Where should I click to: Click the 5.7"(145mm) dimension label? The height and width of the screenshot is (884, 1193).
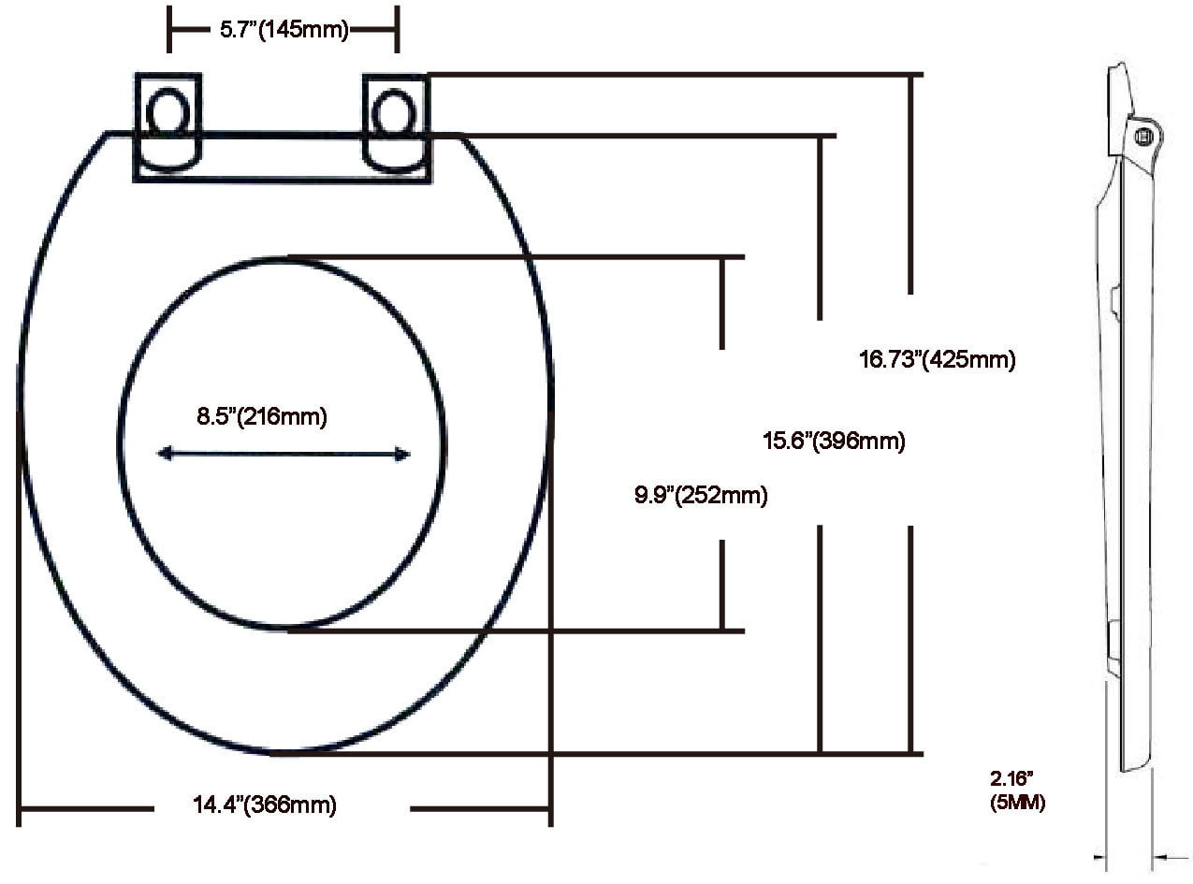[x=284, y=30]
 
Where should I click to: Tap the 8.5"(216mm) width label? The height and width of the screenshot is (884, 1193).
[x=261, y=417]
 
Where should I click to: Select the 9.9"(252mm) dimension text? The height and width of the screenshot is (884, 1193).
[x=700, y=496]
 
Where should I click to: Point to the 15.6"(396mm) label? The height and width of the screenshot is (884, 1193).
[x=833, y=442]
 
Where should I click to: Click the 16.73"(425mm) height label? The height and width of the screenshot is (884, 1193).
[x=936, y=359]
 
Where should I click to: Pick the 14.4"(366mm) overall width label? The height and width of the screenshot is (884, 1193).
[x=264, y=804]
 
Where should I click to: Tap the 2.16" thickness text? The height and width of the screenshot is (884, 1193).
[x=1011, y=777]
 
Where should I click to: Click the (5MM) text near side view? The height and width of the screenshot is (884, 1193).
[x=1017, y=803]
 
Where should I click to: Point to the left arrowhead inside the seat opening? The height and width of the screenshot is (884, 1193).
[x=164, y=454]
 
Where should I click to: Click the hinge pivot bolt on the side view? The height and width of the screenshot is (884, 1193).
[x=1142, y=137]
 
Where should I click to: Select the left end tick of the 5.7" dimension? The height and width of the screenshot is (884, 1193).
[x=169, y=30]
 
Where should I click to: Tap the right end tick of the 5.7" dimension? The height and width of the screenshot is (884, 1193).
[x=398, y=30]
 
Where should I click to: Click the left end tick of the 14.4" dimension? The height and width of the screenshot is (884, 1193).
[x=20, y=806]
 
